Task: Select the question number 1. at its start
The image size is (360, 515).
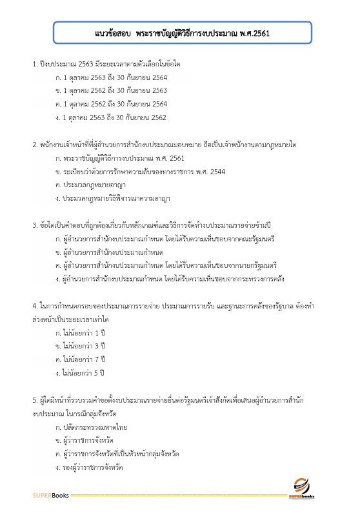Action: click(x=35, y=65)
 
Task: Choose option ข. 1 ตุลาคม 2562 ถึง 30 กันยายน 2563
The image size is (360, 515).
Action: click(x=112, y=90)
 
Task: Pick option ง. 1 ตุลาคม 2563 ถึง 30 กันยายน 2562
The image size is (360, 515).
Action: click(x=112, y=117)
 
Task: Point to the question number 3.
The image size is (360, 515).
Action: click(x=35, y=225)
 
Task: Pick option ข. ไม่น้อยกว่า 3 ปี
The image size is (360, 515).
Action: click(x=81, y=346)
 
